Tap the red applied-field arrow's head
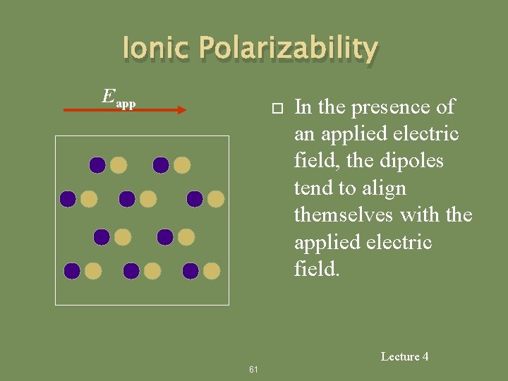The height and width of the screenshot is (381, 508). tap(181, 109)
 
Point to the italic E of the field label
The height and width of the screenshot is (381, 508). tap(108, 96)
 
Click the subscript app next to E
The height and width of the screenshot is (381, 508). tap(126, 104)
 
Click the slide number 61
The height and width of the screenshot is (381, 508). tap(254, 370)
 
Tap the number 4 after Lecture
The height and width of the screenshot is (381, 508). tap(425, 357)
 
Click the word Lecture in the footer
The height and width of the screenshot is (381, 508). tap(400, 357)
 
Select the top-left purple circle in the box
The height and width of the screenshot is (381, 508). tap(97, 165)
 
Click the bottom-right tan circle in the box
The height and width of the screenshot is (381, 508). tap(212, 270)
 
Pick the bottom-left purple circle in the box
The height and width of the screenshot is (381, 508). tap(72, 270)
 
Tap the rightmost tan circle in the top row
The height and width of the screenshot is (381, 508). tap(182, 165)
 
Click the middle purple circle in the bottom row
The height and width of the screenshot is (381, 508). tap(131, 270)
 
